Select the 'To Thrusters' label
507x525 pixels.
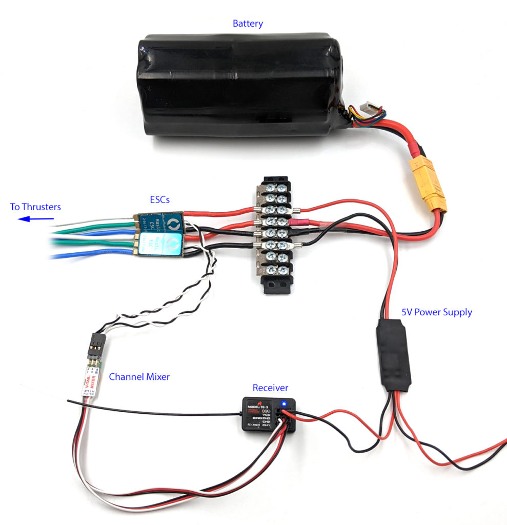(35, 207)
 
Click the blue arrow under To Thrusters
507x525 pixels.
(36, 219)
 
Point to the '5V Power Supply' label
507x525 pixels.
(437, 312)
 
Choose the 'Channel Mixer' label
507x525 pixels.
(139, 377)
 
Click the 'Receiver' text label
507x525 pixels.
(270, 388)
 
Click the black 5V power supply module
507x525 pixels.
(392, 354)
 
